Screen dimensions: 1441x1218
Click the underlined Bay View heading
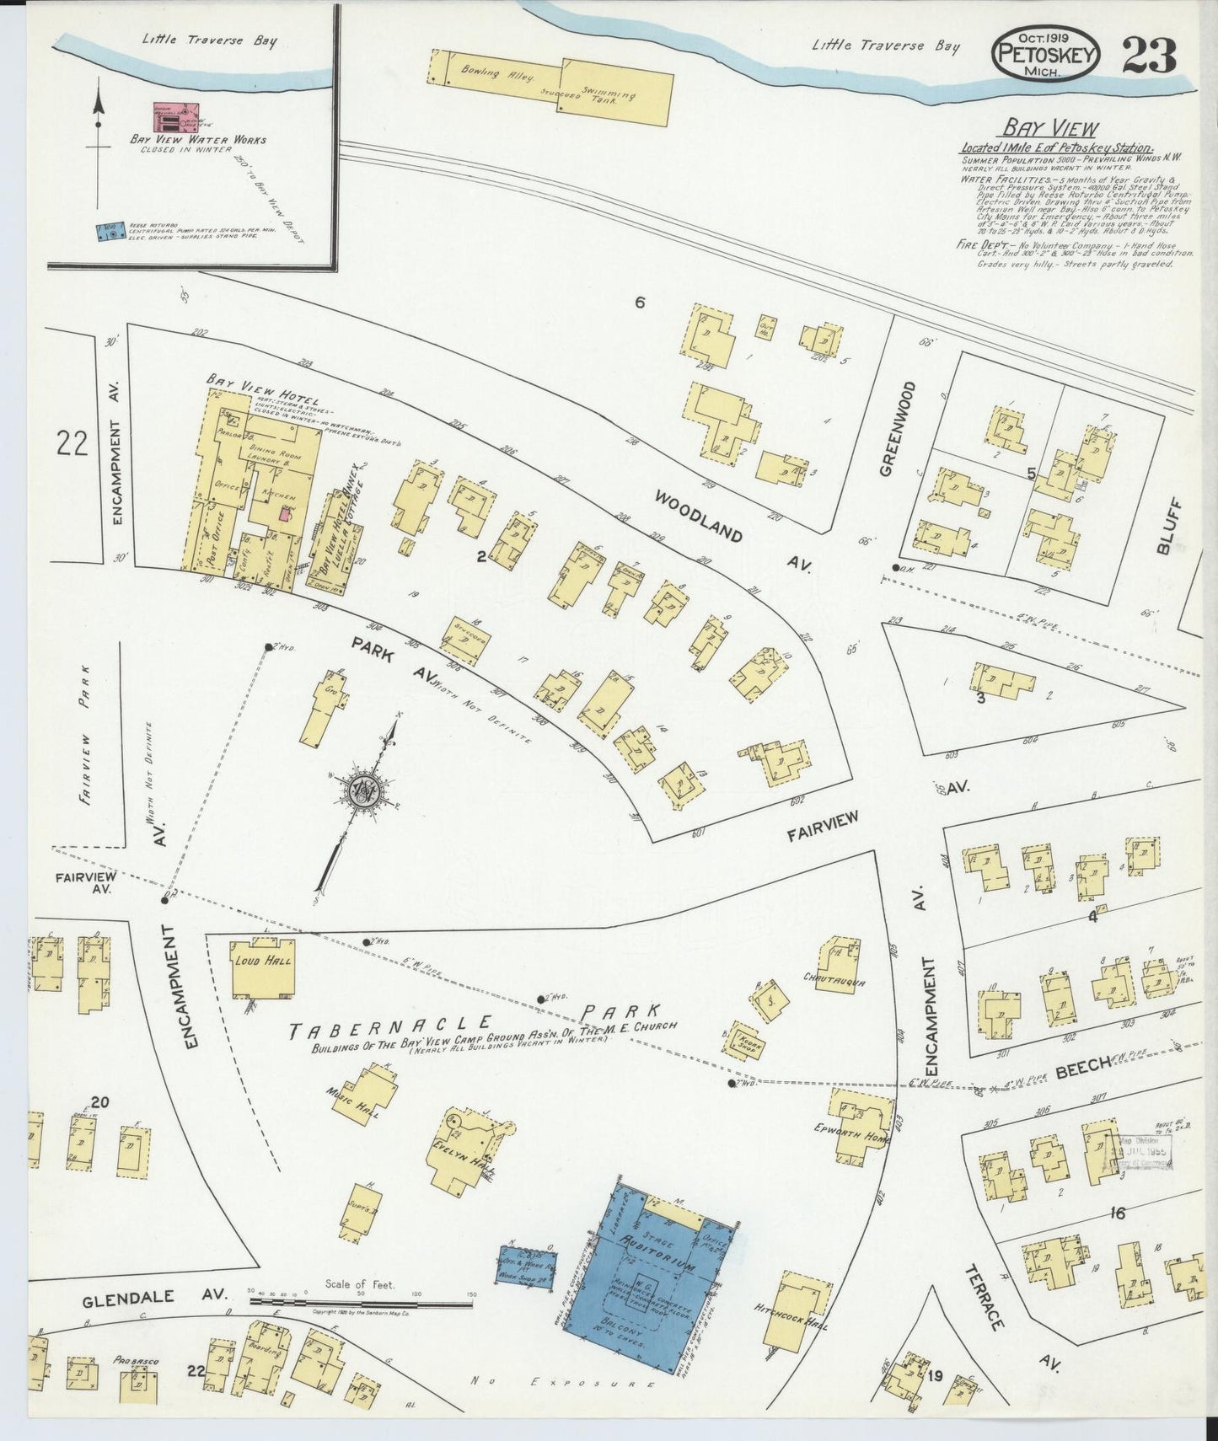pos(1049,128)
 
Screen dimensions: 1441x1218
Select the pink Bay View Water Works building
pos(175,118)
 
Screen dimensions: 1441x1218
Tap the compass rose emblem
pos(364,790)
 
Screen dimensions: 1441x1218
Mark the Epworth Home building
pos(860,1128)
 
